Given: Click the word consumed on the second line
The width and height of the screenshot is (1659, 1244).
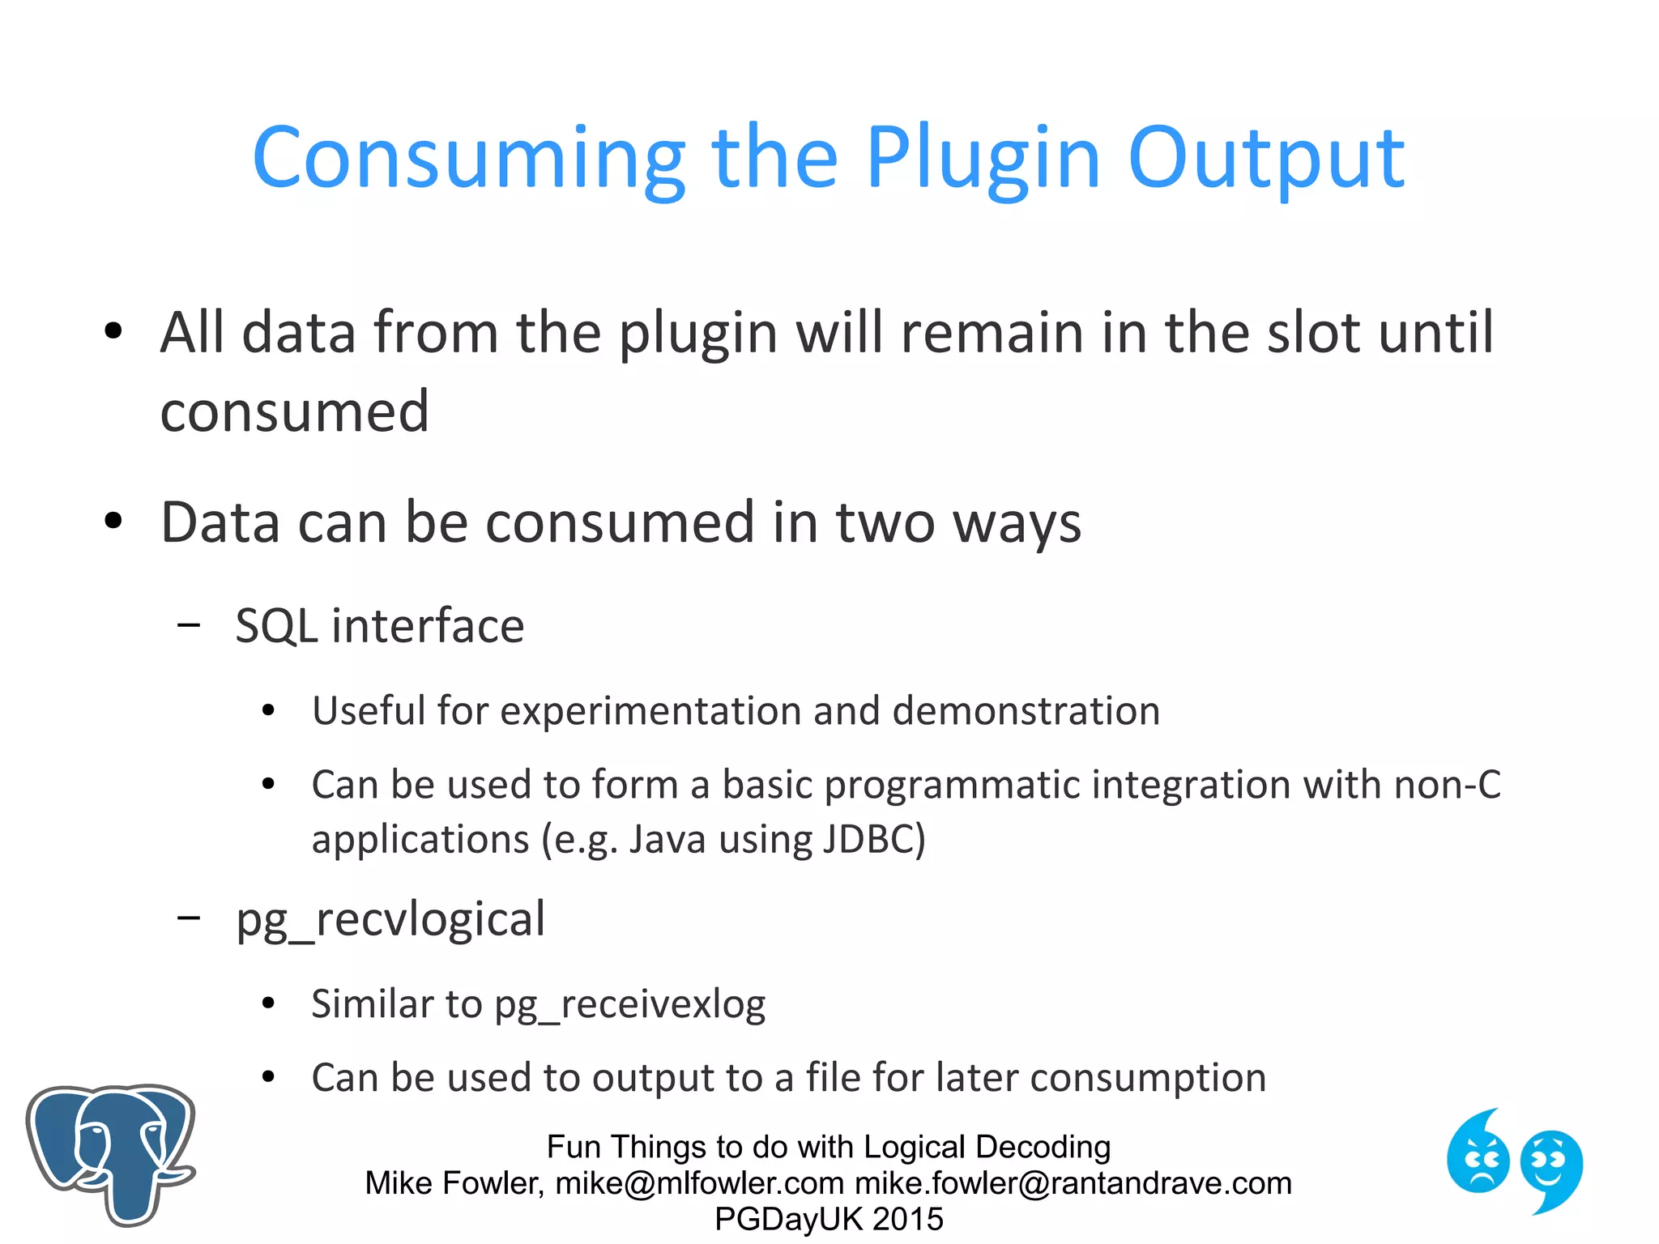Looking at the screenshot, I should pyautogui.click(x=294, y=411).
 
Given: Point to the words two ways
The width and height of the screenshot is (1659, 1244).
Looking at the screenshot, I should pyautogui.click(x=958, y=522).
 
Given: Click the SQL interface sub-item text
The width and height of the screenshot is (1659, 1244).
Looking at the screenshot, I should pyautogui.click(x=379, y=626).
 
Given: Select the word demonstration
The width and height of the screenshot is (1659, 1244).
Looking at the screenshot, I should pyautogui.click(x=1026, y=711).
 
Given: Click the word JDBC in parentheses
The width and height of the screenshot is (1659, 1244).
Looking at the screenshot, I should pyautogui.click(x=873, y=839).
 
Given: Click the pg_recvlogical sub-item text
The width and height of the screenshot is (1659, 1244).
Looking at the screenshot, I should pyautogui.click(x=390, y=919).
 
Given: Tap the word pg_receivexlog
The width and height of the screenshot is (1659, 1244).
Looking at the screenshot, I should pyautogui.click(x=629, y=1005).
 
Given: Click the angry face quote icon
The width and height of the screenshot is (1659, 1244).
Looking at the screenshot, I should pyautogui.click(x=1478, y=1153).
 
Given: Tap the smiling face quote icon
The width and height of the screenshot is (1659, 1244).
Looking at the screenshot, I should pyautogui.click(x=1550, y=1167).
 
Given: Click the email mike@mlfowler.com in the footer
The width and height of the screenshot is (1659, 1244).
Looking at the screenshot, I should pyautogui.click(x=699, y=1183).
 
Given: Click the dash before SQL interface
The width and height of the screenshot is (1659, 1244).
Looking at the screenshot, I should pyautogui.click(x=189, y=625).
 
